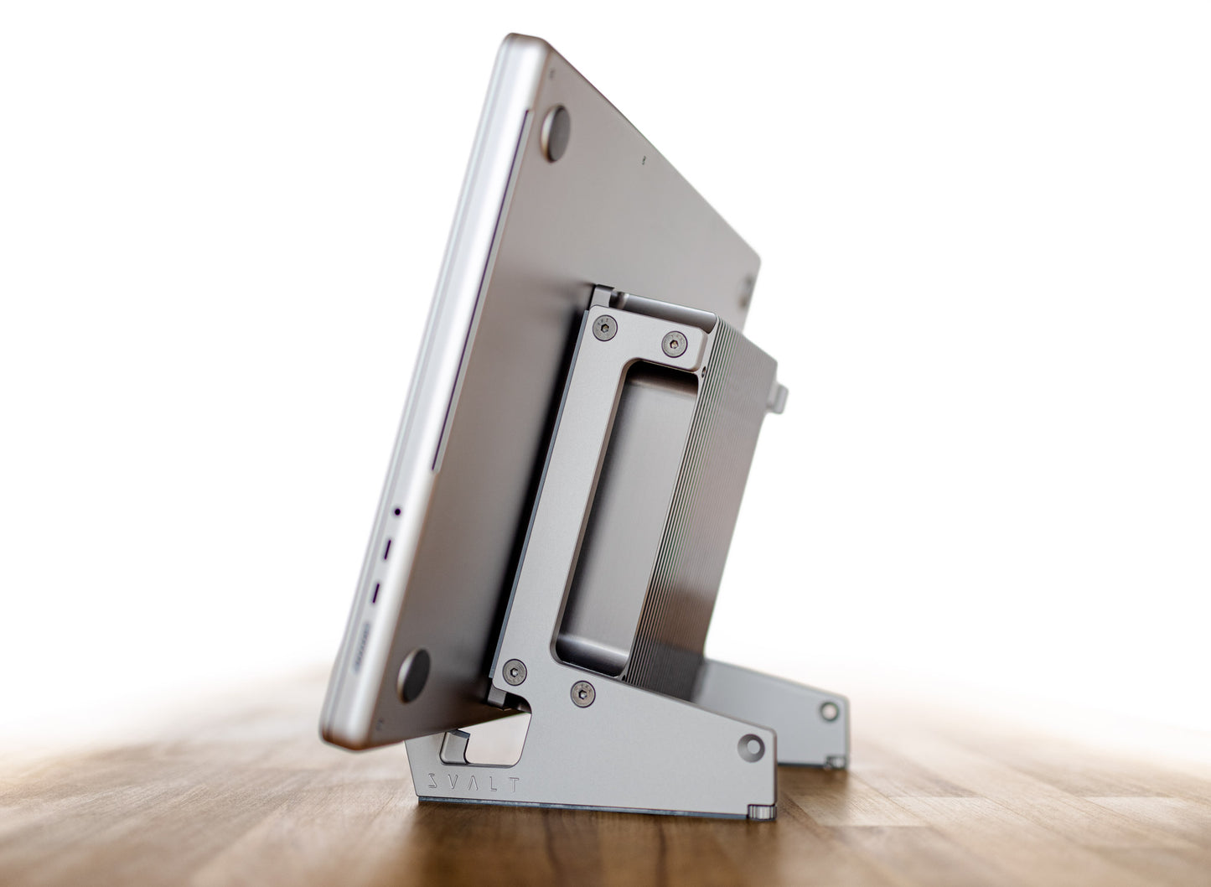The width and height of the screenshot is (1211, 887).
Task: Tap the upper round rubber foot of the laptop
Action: (x=556, y=133)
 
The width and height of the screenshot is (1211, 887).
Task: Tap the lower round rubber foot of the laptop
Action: (x=413, y=676)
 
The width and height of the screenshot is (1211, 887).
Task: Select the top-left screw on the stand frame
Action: (x=605, y=328)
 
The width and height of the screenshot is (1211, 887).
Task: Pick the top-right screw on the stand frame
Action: (x=675, y=344)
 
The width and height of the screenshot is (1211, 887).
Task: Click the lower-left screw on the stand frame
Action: (x=514, y=672)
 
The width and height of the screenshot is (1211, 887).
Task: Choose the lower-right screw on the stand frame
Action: (x=582, y=694)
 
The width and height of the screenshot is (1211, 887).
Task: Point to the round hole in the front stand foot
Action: (x=751, y=748)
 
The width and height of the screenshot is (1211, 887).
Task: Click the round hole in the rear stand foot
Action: (x=829, y=712)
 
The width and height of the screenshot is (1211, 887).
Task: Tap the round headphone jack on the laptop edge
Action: (x=397, y=511)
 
